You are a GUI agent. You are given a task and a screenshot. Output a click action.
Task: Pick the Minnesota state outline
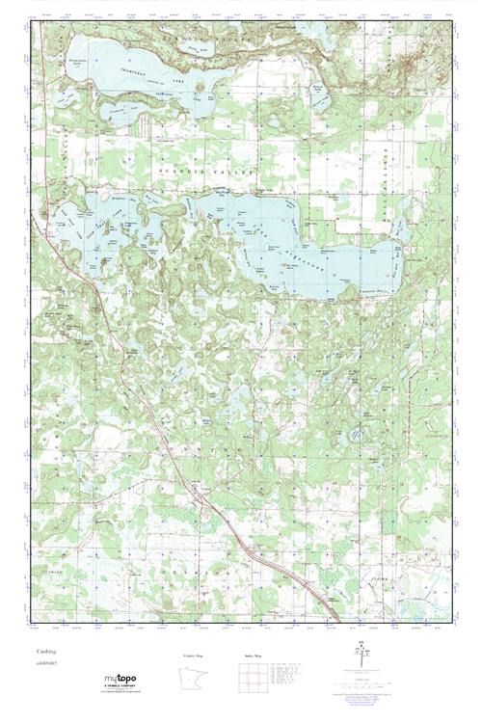[192, 679]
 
